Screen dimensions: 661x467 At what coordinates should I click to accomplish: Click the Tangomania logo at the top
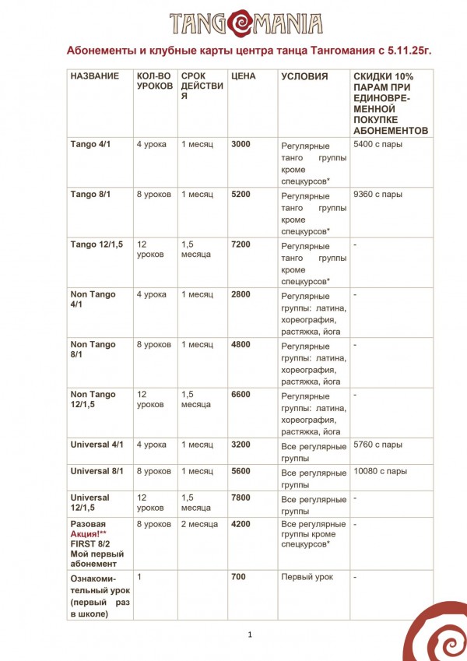click(x=233, y=21)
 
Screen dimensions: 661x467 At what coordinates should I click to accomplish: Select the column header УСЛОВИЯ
click(x=304, y=76)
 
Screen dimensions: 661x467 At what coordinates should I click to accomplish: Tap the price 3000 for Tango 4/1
click(x=241, y=144)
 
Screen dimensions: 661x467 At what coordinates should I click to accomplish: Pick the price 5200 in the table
click(x=241, y=194)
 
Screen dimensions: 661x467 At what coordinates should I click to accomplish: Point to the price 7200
click(x=241, y=244)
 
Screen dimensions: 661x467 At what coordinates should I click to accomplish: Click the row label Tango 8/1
click(x=90, y=194)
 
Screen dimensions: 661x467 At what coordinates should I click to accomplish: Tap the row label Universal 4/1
click(x=97, y=445)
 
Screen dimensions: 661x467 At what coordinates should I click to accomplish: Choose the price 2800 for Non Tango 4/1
click(x=241, y=294)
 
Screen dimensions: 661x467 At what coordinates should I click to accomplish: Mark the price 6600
click(x=241, y=394)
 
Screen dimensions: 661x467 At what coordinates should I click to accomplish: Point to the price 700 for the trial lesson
click(x=238, y=577)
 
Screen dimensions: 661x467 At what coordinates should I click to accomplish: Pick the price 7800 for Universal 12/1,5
click(x=241, y=498)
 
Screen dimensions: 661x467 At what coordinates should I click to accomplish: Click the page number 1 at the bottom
click(x=251, y=635)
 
